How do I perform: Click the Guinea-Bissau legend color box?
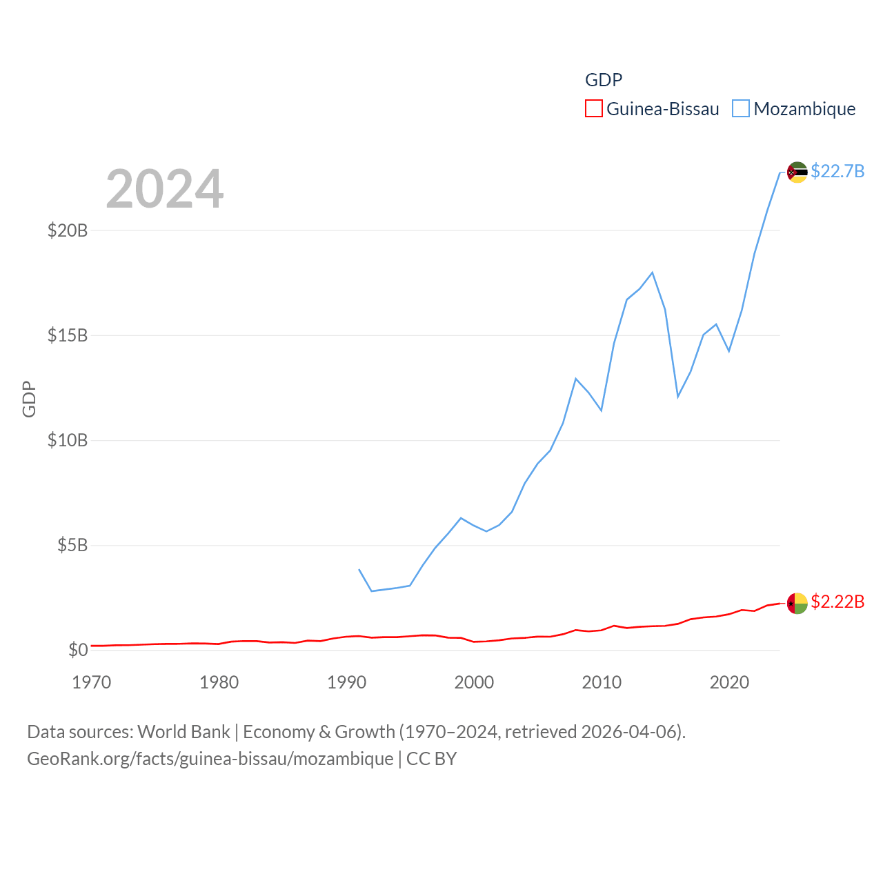point(593,109)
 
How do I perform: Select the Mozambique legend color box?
point(740,109)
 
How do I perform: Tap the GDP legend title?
point(604,80)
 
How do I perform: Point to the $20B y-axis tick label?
point(68,230)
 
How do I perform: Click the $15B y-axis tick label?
point(68,335)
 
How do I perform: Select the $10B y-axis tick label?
point(68,440)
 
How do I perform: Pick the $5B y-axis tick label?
point(72,545)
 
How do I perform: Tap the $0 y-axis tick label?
point(78,650)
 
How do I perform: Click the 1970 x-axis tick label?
point(92,682)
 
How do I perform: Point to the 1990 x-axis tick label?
point(346,682)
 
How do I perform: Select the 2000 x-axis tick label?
point(474,682)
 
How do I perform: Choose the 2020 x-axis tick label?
point(729,682)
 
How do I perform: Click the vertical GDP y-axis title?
point(29,399)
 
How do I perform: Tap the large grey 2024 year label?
point(165,189)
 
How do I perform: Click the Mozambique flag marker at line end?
point(797,172)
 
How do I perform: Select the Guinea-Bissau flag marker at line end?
point(797,603)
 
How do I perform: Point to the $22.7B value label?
point(837,171)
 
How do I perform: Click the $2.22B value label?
point(837,602)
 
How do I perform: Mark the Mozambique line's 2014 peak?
point(652,272)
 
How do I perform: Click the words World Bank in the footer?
point(183,731)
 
